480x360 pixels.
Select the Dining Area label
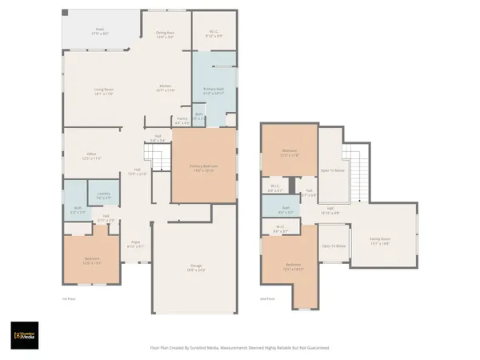tap(165, 34)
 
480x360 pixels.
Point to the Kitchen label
tap(166, 88)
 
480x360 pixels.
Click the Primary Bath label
tap(213, 90)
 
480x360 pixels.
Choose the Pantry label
tap(182, 122)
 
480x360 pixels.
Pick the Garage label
tap(196, 269)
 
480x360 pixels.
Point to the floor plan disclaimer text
tap(239, 348)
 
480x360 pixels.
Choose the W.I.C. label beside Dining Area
tap(214, 34)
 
